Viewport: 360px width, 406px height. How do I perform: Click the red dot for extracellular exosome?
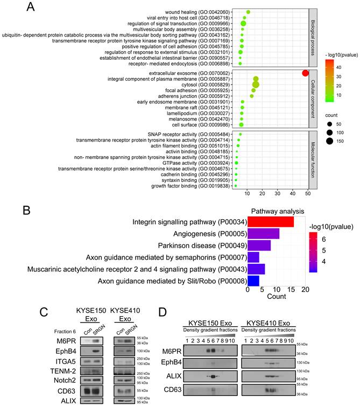coord(305,73)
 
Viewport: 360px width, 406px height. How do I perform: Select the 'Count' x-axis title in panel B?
coord(276,296)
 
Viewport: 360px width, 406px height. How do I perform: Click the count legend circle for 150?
coord(328,141)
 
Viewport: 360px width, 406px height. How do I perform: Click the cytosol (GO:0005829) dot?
coord(256,85)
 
